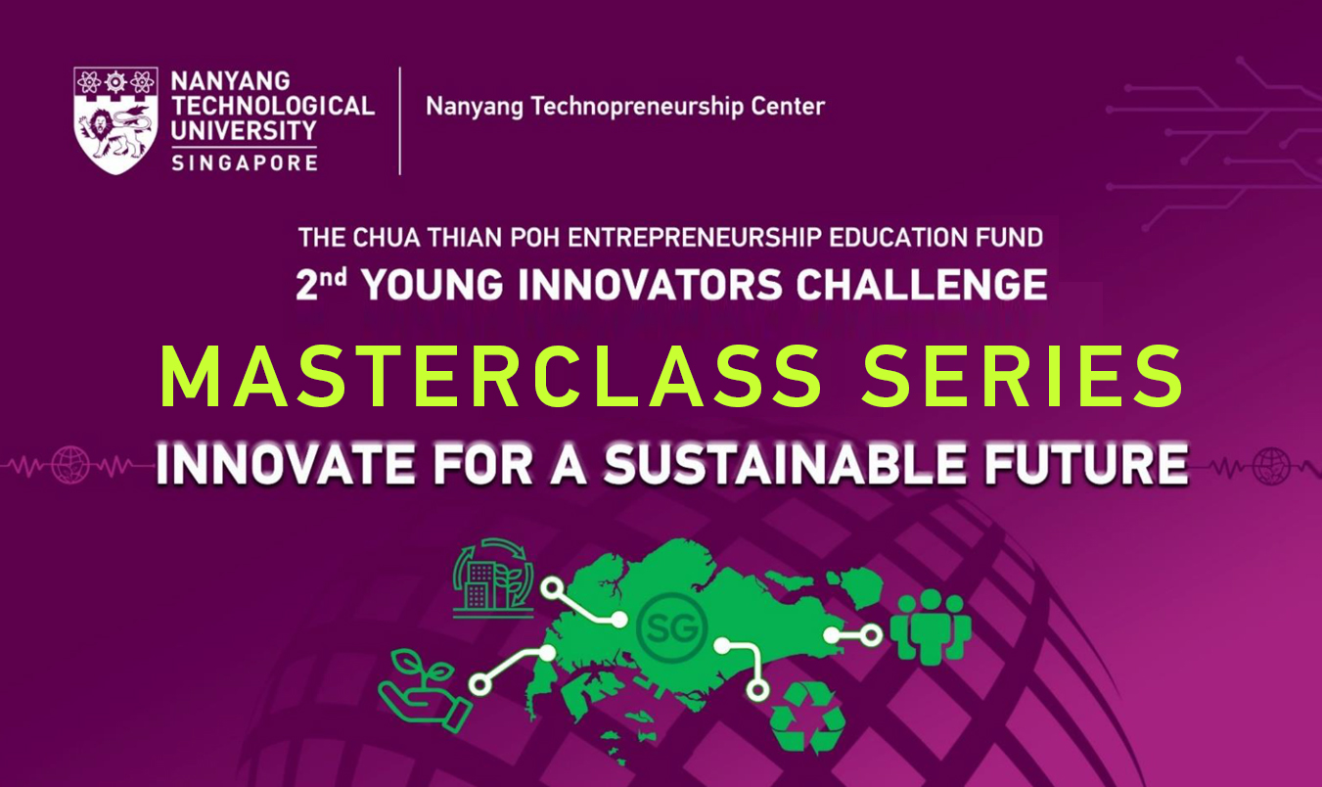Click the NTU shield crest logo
115,120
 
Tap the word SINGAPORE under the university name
245,162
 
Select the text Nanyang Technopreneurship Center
625,107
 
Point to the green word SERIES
1023,376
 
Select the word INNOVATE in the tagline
286,464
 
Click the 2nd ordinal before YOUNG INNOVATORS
321,284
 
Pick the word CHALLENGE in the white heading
921,285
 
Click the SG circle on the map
671,628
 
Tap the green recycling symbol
808,718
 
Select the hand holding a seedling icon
425,691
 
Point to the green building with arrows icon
493,578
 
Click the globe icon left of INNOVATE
70,465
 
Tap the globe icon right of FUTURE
1271,466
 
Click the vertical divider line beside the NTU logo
400,121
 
